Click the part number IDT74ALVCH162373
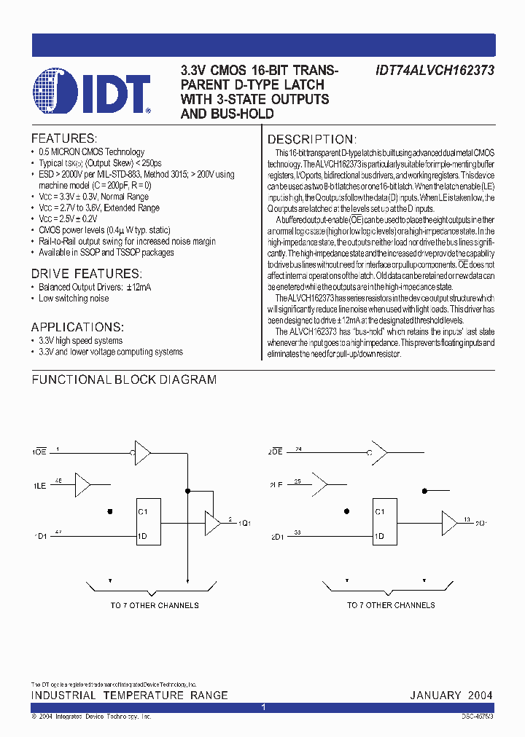pyautogui.click(x=435, y=71)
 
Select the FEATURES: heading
pyautogui.click(x=63, y=138)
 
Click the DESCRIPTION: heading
pyautogui.click(x=312, y=140)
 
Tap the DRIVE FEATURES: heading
pyautogui.click(x=85, y=273)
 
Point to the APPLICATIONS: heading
pyautogui.click(x=77, y=327)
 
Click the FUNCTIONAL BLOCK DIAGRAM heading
pyautogui.click(x=124, y=379)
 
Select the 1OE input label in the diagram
pyautogui.click(x=38, y=453)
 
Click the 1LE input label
pyautogui.click(x=39, y=484)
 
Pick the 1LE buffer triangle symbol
pyautogui.click(x=82, y=483)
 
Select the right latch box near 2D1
pyautogui.click(x=388, y=524)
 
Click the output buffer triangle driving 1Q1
pyautogui.click(x=212, y=522)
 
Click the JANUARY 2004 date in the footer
pyautogui.click(x=451, y=695)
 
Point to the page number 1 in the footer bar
pyautogui.click(x=262, y=707)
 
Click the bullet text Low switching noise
pyautogui.click(x=74, y=299)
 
